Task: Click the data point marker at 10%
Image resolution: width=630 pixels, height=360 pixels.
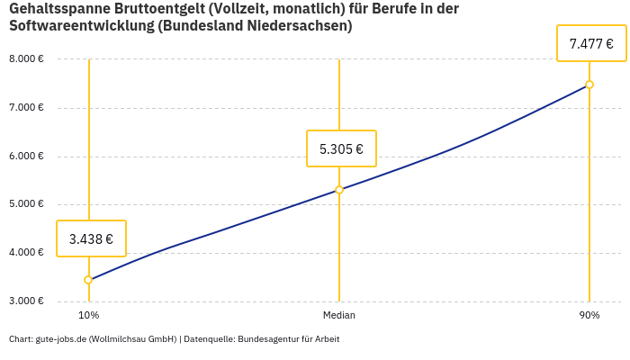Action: tap(88, 280)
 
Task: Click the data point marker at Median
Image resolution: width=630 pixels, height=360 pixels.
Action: tap(339, 190)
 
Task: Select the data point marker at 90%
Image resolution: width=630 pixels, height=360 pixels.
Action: tap(589, 85)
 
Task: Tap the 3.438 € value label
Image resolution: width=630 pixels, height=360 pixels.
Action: tap(91, 238)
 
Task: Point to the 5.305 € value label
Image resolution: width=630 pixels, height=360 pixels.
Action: tap(341, 148)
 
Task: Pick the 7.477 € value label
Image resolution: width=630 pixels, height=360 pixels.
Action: tap(591, 42)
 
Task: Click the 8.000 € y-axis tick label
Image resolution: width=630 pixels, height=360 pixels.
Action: tap(26, 59)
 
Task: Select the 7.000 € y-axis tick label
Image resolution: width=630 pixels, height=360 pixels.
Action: tap(26, 108)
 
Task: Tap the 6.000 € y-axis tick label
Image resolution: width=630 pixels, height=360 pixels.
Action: tap(26, 156)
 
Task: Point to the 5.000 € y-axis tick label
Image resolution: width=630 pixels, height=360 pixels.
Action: tap(26, 204)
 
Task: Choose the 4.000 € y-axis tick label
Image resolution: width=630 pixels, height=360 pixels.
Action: tap(26, 252)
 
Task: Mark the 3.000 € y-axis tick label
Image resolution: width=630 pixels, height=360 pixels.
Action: tap(26, 301)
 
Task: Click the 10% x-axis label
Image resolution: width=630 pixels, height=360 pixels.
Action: tap(88, 316)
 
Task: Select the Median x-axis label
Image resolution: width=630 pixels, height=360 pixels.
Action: tap(339, 316)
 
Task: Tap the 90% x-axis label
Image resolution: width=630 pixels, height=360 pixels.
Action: tap(589, 316)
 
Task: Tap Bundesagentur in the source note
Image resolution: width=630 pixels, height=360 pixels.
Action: tap(267, 339)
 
